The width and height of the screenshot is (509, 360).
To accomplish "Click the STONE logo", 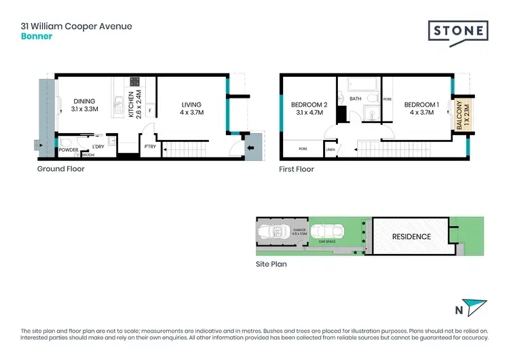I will (x=458, y=31).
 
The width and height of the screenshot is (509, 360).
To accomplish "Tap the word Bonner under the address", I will (x=37, y=37).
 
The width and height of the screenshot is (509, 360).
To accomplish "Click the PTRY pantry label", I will (x=149, y=145).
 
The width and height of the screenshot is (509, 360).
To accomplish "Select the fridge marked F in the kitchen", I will (x=149, y=109).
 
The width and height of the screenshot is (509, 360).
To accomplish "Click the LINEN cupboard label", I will (x=331, y=149).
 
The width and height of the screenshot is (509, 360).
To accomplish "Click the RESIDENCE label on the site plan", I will (x=411, y=236).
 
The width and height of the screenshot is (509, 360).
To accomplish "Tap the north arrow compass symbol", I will (x=476, y=306).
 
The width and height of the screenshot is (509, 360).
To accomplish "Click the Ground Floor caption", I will (x=60, y=168).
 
